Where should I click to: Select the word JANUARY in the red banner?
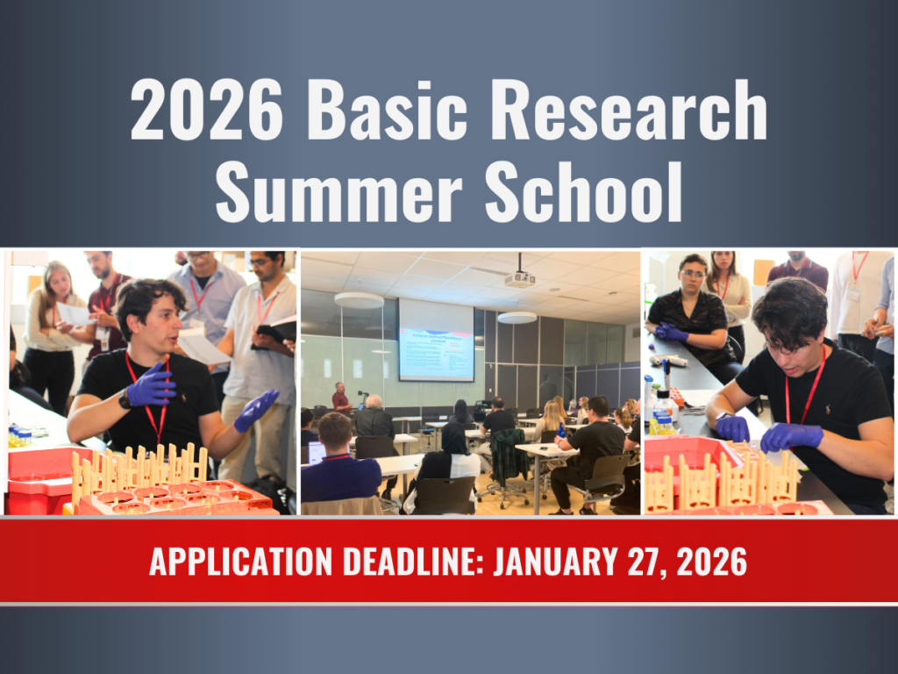pos(558,561)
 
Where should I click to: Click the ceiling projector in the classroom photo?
pos(519,278)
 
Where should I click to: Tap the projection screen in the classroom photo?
pos(436,341)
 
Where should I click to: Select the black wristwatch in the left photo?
pos(125,399)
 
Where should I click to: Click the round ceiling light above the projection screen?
pos(359,300)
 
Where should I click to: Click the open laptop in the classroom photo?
pos(315,453)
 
